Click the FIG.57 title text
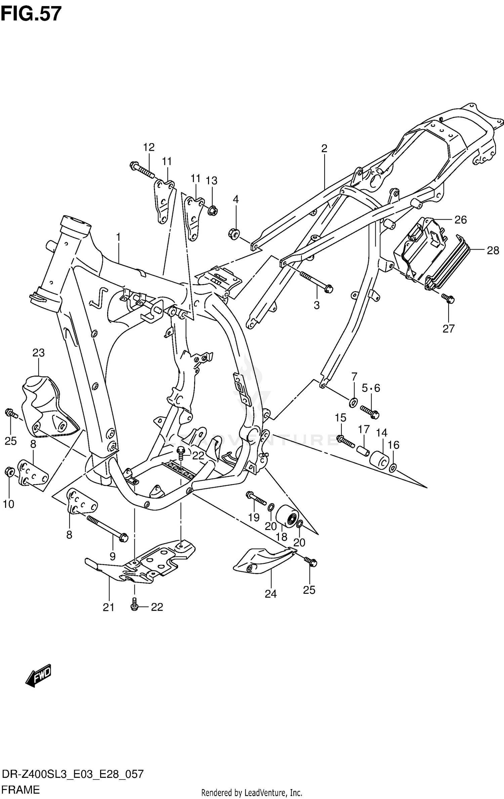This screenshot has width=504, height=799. coord(31,14)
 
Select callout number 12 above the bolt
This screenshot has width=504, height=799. coord(149,147)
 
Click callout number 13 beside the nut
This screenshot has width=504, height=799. coord(212,181)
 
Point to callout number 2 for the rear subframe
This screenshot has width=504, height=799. coord(324,148)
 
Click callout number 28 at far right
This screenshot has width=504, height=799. coord(493,250)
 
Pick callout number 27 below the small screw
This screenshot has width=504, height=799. coord(449,328)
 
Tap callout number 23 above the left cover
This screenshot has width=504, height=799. coord(39,353)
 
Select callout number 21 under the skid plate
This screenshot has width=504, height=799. coord(109,607)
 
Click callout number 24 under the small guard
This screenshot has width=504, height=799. coord(270,594)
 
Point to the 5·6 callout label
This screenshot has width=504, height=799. coord(371,388)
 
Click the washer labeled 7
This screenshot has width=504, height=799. coord(353,402)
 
